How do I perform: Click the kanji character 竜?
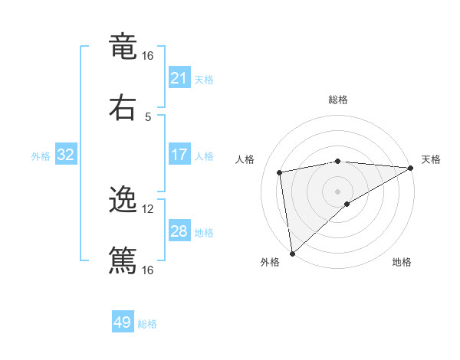[x=123, y=47]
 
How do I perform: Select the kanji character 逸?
[x=123, y=200]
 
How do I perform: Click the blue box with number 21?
[x=179, y=78]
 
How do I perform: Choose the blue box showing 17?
[x=179, y=155]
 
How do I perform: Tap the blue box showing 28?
[x=179, y=231]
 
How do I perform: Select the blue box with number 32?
[x=66, y=155]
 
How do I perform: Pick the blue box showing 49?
[x=123, y=322]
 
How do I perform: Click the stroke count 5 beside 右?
[x=148, y=116]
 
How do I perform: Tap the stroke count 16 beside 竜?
[x=148, y=56]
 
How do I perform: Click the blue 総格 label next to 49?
[x=147, y=324]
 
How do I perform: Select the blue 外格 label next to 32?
[x=41, y=156]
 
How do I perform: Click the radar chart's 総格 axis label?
[x=338, y=100]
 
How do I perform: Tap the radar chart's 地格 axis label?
[x=402, y=263]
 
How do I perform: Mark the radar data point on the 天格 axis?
[x=410, y=168]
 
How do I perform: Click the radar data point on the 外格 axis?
[x=292, y=253]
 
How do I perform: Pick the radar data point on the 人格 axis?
[x=281, y=172]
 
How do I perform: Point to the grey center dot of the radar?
[x=338, y=191]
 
